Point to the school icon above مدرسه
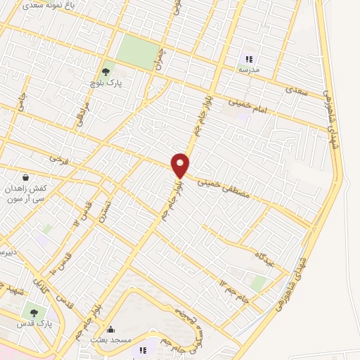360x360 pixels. coord(248,58)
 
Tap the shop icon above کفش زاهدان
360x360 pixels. coord(26,177)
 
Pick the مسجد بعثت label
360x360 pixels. coord(108,340)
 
